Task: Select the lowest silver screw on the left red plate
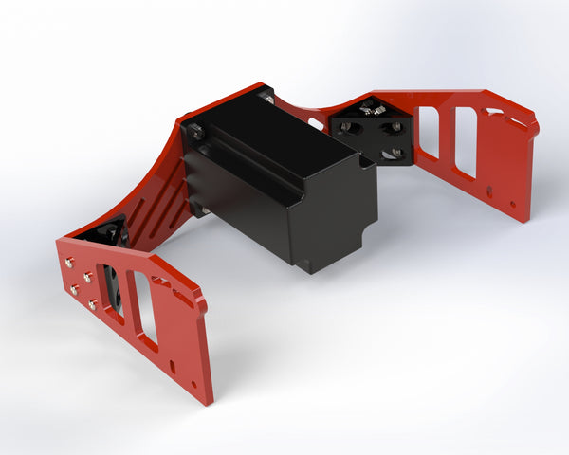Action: pos(92,304)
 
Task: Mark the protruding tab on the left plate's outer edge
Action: pos(198,301)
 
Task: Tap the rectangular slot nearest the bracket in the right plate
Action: pos(428,132)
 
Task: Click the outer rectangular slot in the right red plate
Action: pos(465,142)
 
